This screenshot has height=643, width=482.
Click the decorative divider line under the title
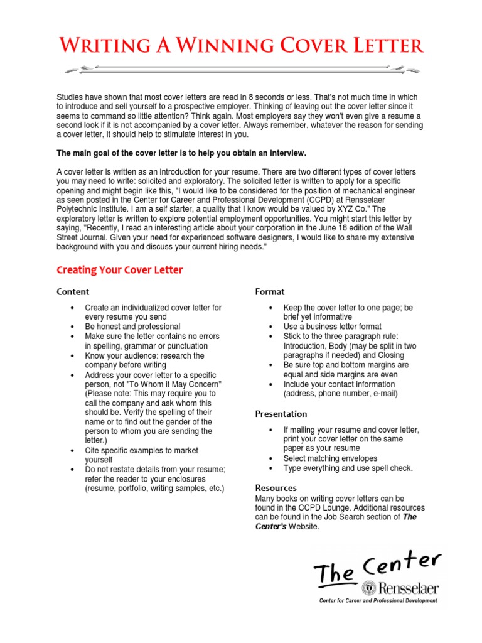coord(242,69)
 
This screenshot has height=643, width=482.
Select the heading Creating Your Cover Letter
coord(119,270)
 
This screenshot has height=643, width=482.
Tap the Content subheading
coord(73,292)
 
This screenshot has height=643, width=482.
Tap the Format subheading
coord(269,292)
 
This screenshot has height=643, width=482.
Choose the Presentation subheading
coord(281,414)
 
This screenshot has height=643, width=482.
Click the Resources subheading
coord(276,488)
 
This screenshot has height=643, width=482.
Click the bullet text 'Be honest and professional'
coord(132,327)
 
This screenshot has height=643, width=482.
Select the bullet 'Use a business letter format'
coord(332,327)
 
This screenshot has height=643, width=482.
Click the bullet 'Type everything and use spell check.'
coord(348,468)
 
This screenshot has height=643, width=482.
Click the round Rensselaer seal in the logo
coord(370,588)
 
